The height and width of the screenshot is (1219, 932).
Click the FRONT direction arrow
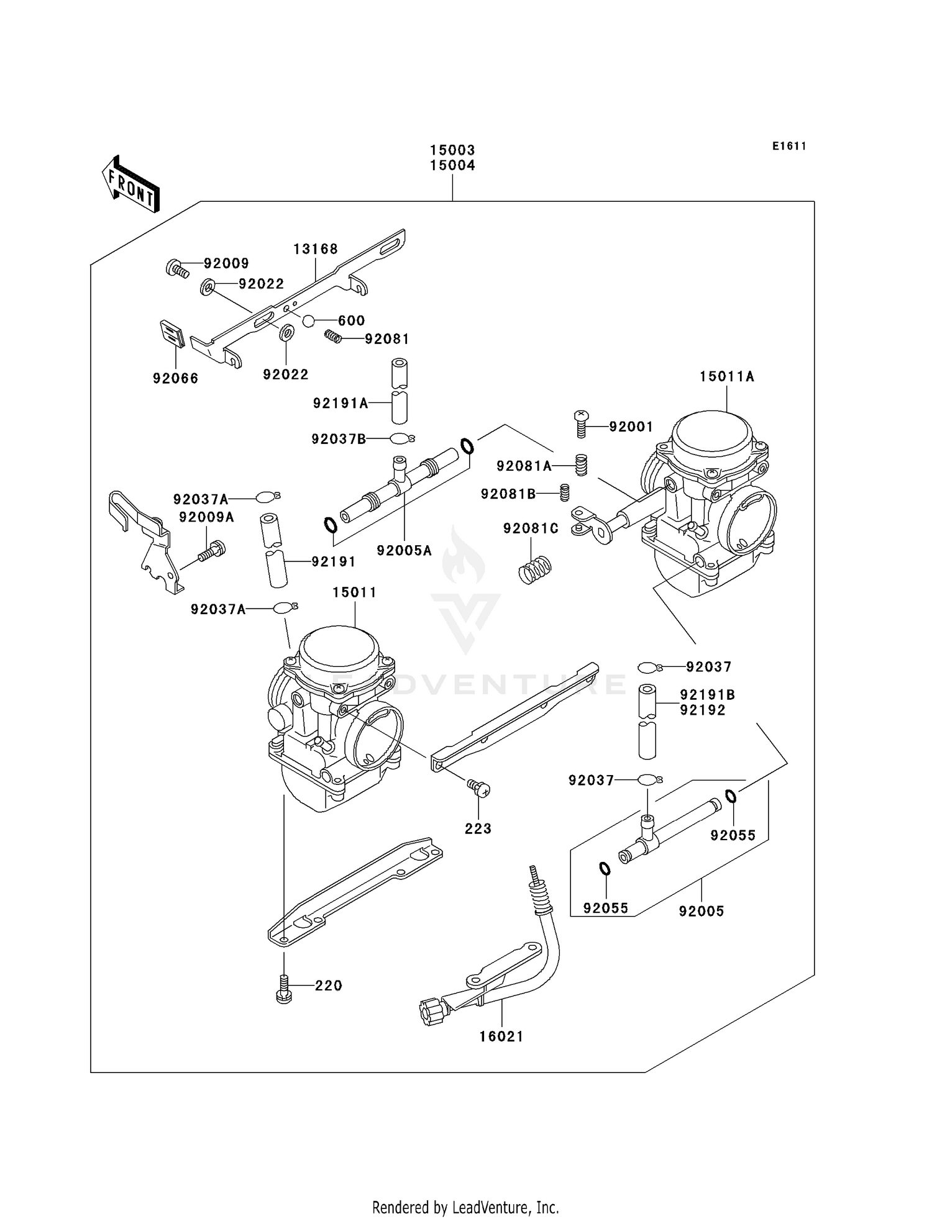click(x=130, y=184)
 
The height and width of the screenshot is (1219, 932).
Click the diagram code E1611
click(x=789, y=147)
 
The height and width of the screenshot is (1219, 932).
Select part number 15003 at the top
click(x=452, y=150)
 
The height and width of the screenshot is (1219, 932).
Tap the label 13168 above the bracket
click(x=316, y=249)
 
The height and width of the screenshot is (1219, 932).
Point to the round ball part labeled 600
click(x=309, y=320)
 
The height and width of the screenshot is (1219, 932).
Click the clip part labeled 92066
click(x=172, y=335)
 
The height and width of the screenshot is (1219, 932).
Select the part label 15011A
click(x=726, y=376)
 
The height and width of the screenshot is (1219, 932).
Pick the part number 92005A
click(x=404, y=550)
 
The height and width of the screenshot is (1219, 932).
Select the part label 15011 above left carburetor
click(x=354, y=592)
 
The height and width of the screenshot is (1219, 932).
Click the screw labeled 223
click(x=479, y=789)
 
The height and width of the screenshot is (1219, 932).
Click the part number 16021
click(x=501, y=1036)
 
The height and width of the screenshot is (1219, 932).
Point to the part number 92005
click(x=701, y=911)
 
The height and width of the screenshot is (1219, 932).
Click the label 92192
click(x=703, y=710)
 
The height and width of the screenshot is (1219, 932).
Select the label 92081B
click(x=508, y=494)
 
